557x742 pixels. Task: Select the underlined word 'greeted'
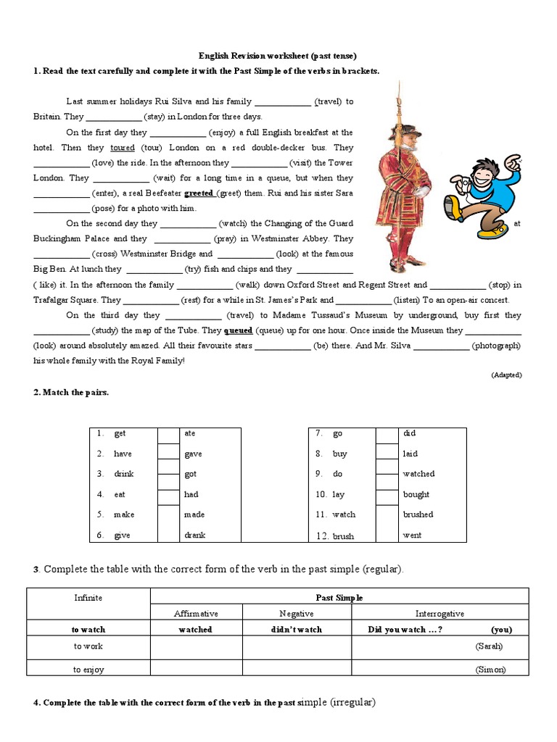[199, 193]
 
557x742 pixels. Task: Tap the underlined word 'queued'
[238, 330]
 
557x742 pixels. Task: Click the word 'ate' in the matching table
[190, 433]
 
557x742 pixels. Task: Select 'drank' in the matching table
[194, 535]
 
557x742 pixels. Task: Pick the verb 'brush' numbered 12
[343, 536]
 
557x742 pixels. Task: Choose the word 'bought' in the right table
[416, 494]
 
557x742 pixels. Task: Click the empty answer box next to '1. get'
[168, 434]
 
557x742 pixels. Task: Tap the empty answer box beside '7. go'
[386, 434]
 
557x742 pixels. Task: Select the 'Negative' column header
[297, 614]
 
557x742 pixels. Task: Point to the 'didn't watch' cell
[297, 630]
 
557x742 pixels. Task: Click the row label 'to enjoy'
[88, 670]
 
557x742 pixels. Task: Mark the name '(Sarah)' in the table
[489, 646]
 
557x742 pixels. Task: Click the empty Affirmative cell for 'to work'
[196, 646]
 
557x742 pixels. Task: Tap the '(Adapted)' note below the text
[506, 375]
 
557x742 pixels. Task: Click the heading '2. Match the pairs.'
[70, 392]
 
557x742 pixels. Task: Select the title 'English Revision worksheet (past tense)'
[278, 56]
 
